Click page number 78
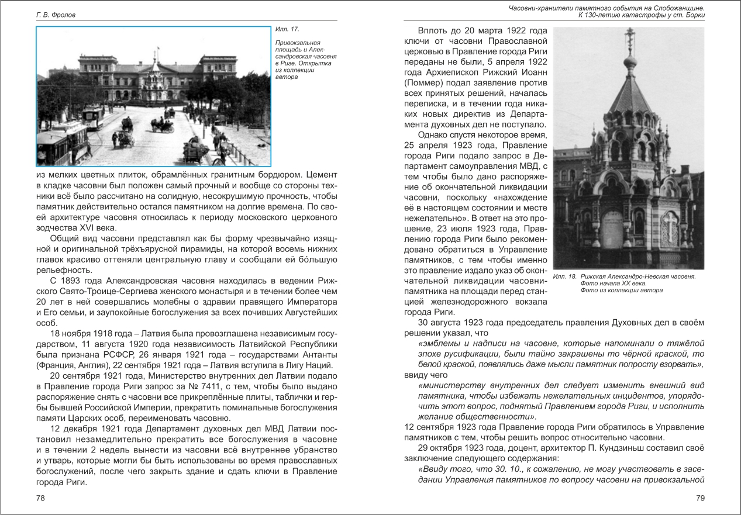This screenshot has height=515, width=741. click(40, 497)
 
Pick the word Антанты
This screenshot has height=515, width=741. click(315, 354)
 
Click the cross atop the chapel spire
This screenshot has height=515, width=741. click(630, 35)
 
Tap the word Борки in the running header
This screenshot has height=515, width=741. click(692, 15)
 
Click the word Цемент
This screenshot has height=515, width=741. click(320, 174)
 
